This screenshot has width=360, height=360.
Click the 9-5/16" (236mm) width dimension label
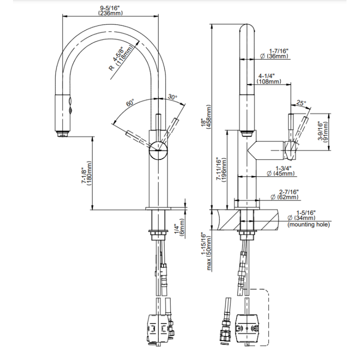[x=110, y=10]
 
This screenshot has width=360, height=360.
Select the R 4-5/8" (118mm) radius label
[x=121, y=58]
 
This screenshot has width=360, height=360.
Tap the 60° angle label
[x=130, y=103]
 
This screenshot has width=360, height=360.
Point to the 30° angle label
[x=172, y=96]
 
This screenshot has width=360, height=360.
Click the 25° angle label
[x=301, y=103]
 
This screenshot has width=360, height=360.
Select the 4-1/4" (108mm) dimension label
[x=268, y=78]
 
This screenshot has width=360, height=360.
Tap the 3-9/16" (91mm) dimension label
[x=323, y=131]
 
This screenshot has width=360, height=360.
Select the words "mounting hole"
[x=308, y=224]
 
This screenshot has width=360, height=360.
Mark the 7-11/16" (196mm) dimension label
[x=221, y=169]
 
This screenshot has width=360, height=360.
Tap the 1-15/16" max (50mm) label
[x=206, y=251]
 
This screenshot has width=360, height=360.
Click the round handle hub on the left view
[x=158, y=150]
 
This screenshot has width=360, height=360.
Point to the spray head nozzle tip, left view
[x=62, y=133]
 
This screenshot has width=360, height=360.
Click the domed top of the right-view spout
[x=247, y=27]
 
